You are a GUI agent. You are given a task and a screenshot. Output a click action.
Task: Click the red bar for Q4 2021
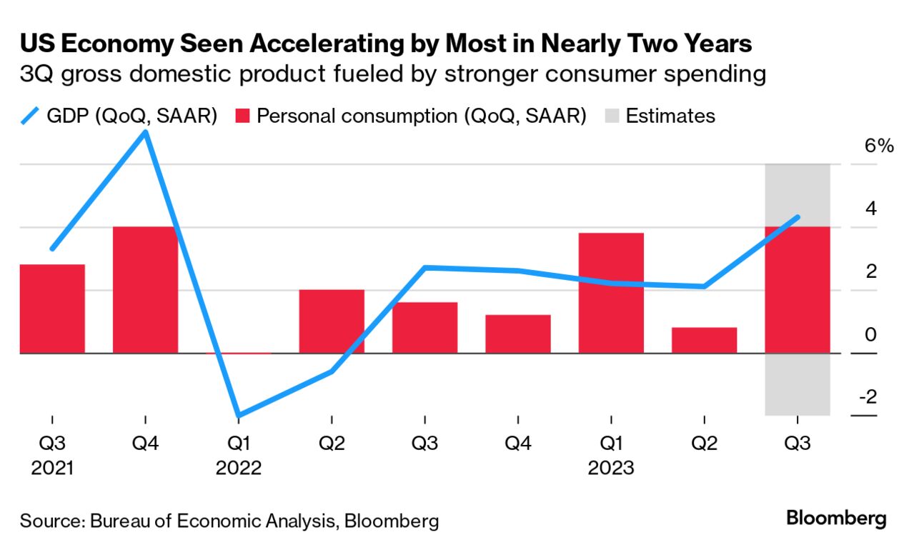point(145,289)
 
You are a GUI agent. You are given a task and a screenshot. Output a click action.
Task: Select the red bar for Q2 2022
point(332,321)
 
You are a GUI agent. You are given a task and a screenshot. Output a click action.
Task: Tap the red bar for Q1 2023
point(611,293)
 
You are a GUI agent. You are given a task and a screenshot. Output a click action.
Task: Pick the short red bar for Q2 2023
point(704,340)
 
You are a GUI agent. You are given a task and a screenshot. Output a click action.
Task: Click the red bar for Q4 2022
point(517,334)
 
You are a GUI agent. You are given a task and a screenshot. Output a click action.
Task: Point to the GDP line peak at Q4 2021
point(146,133)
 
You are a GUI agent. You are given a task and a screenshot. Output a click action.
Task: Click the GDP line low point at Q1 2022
point(238,415)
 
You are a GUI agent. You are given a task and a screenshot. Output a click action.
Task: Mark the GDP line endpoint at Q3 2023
point(797,217)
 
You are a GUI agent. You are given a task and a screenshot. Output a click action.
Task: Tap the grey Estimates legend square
point(613,116)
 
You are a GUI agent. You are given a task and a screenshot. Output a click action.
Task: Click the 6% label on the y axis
point(879,146)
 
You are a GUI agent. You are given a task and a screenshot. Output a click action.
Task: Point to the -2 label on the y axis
point(870,397)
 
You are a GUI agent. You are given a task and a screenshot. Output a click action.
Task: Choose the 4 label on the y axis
point(870,209)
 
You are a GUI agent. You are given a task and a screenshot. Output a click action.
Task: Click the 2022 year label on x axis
point(238,468)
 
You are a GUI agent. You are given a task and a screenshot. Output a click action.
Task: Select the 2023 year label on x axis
point(611,468)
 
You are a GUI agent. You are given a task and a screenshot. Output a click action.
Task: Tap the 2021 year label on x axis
point(52,468)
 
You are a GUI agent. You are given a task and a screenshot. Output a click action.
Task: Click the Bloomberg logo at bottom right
point(836,518)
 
